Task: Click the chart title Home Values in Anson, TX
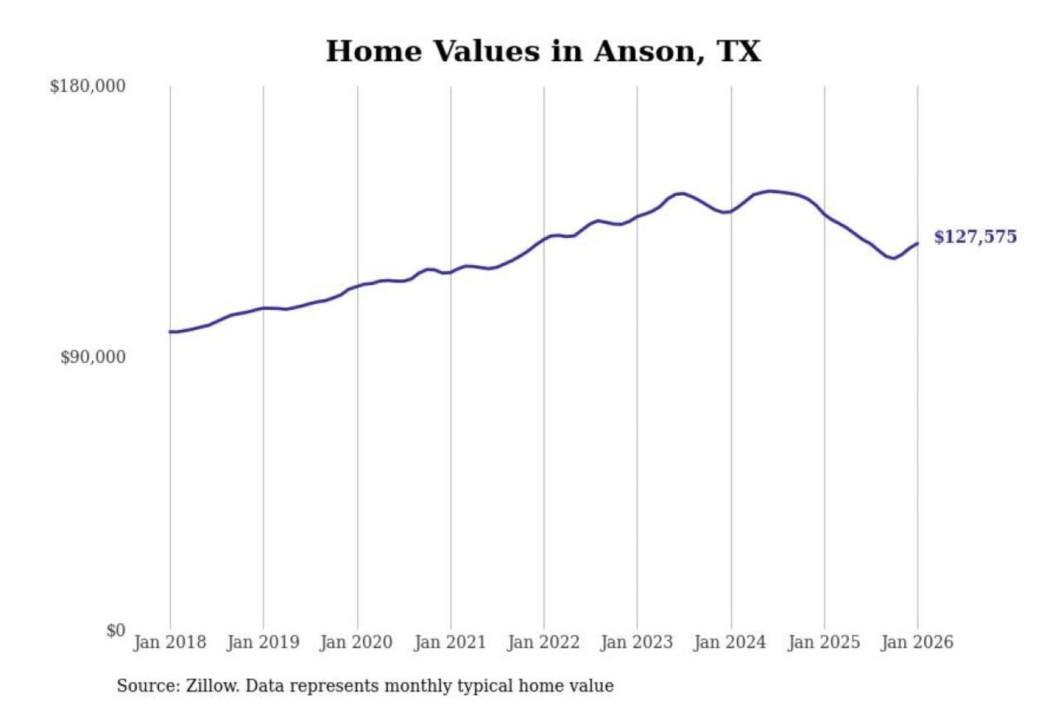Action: click(x=543, y=52)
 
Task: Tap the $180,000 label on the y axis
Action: click(x=88, y=86)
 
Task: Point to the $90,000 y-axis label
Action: click(x=93, y=357)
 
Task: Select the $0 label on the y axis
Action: click(x=115, y=630)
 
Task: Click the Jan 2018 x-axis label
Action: click(x=169, y=642)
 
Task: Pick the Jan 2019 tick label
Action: click(x=263, y=642)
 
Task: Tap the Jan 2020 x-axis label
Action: click(x=357, y=642)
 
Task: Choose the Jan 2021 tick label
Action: click(x=450, y=642)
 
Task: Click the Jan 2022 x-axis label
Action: click(x=544, y=642)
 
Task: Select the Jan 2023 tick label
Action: click(x=637, y=642)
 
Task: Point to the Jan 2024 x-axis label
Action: click(x=730, y=642)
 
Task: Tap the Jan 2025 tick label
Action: click(x=824, y=642)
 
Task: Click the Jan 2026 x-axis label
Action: click(x=917, y=642)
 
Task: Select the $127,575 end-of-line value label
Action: click(x=975, y=236)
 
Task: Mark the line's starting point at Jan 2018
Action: click(x=170, y=332)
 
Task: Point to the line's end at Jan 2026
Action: click(x=917, y=243)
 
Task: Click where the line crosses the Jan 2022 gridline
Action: click(x=544, y=239)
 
